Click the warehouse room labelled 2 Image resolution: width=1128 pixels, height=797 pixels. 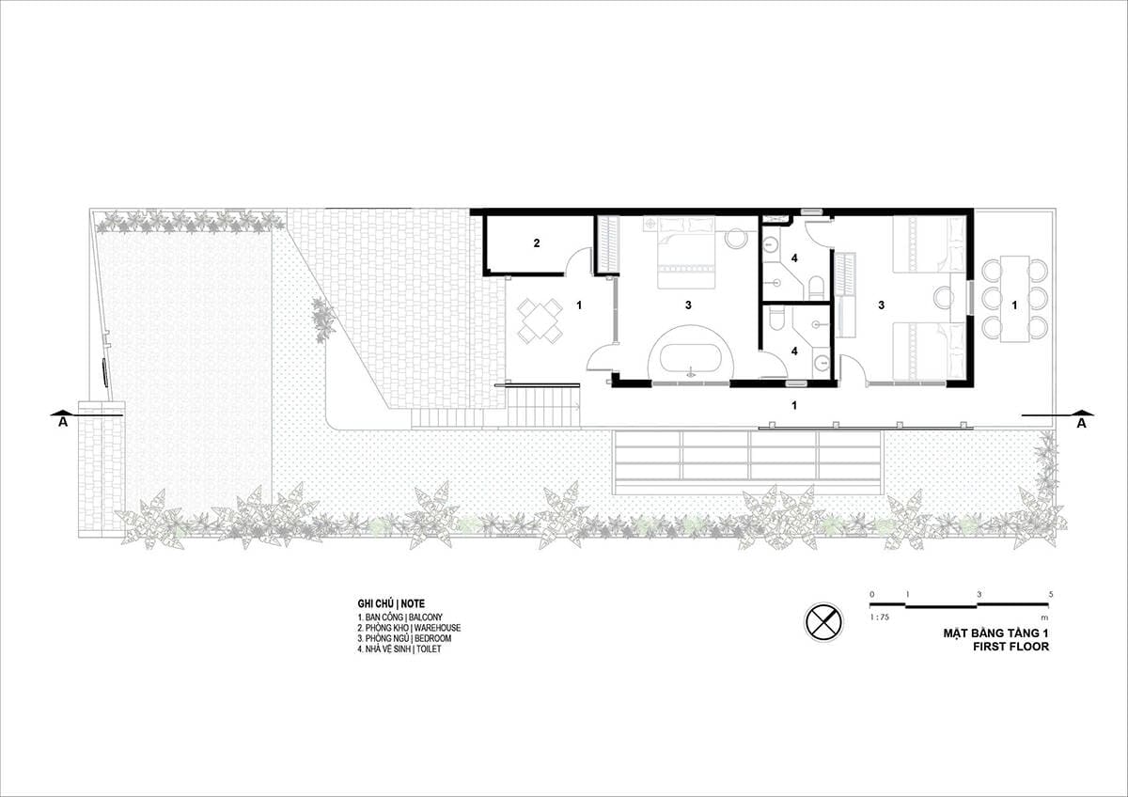pos(537,243)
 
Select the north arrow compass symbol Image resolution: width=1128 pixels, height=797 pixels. pos(823,622)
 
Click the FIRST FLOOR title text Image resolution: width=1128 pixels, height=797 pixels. pos(1010,647)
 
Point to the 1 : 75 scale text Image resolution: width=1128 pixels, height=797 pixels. pos(879,617)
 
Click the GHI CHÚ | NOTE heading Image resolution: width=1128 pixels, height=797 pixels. pos(391,603)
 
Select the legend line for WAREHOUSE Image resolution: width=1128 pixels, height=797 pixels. pos(409,628)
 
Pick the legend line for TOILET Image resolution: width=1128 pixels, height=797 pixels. pos(399,649)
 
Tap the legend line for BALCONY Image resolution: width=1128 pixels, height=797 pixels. pos(399,617)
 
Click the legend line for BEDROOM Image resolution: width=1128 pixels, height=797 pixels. pos(404,638)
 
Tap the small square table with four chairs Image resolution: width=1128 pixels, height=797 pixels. pos(540,320)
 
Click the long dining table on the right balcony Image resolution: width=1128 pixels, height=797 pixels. pos(1014,299)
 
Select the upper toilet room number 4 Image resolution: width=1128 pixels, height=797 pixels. pos(794,258)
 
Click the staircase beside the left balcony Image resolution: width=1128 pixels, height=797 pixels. pos(543,405)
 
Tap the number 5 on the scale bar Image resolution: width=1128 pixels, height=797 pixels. pos(1051,594)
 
